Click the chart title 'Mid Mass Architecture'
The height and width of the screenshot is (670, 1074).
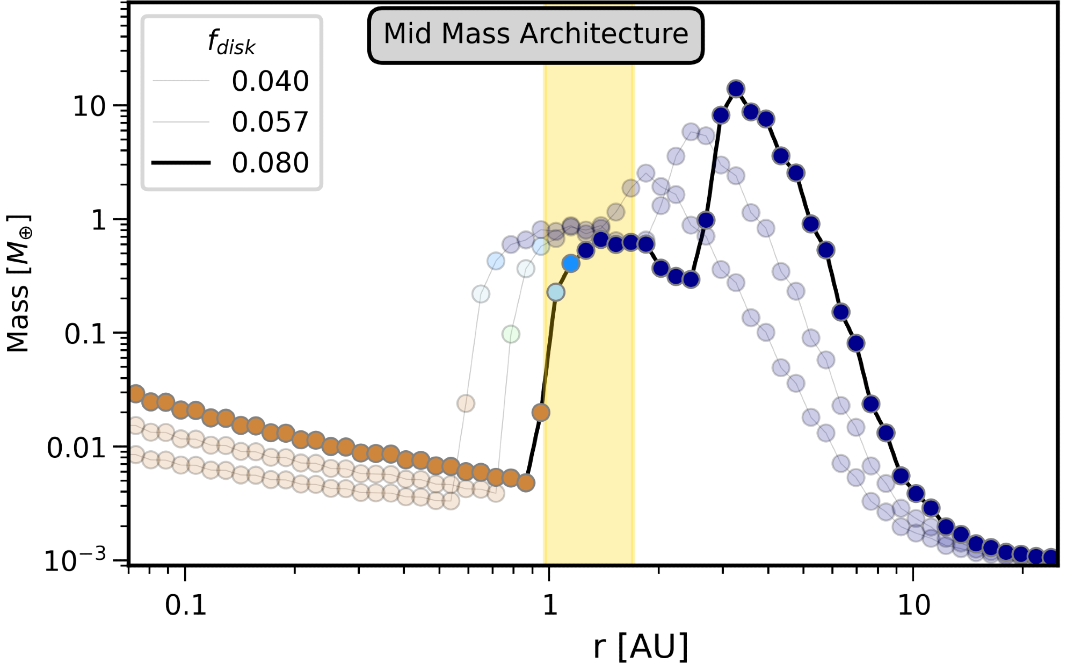(x=535, y=34)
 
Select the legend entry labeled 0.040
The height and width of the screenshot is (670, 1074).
(x=270, y=81)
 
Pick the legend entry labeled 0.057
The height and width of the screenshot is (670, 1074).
(x=270, y=122)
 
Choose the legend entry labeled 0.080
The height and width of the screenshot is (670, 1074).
(x=270, y=163)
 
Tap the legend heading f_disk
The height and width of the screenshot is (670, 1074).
(x=231, y=42)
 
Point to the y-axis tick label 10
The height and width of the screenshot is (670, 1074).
(x=89, y=107)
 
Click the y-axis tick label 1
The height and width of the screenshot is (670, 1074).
(x=99, y=220)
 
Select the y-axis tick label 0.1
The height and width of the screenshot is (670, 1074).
(x=85, y=334)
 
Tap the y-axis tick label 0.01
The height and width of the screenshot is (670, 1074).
(x=76, y=448)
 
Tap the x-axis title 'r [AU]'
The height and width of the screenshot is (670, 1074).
(x=641, y=646)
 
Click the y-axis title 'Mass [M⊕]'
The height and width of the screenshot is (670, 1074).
(x=19, y=283)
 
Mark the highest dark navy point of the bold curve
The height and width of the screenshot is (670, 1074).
(x=736, y=89)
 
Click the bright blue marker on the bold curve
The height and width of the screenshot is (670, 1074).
(x=571, y=263)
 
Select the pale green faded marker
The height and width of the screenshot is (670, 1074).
(x=511, y=334)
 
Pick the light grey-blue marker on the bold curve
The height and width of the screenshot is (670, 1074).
(x=556, y=292)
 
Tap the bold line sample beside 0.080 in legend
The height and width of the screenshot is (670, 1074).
(x=181, y=163)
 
